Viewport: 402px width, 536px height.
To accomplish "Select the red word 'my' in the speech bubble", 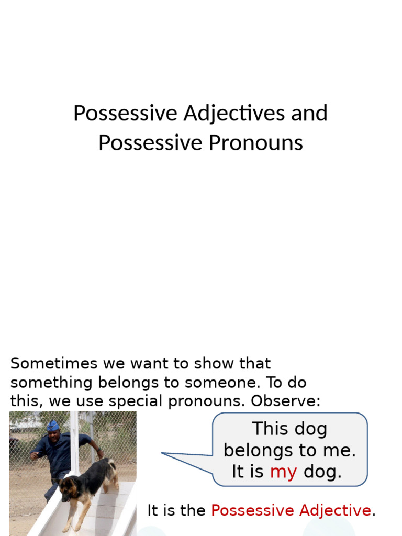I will tap(283, 472).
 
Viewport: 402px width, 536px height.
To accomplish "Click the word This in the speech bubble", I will tap(270, 429).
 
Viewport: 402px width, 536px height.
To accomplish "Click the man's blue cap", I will tap(53, 426).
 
